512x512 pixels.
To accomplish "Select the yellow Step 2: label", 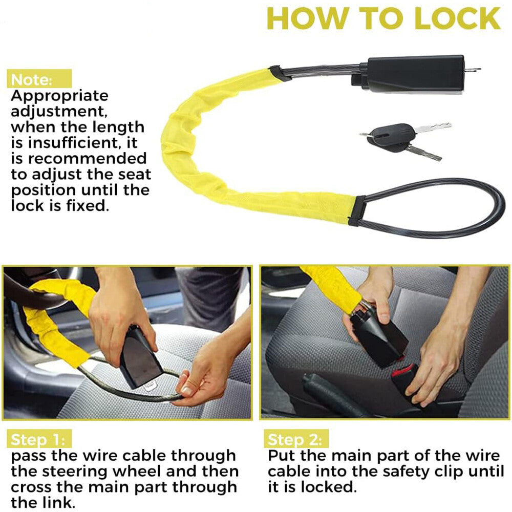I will click(295, 439).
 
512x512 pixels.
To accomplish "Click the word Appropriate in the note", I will click(60, 96).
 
